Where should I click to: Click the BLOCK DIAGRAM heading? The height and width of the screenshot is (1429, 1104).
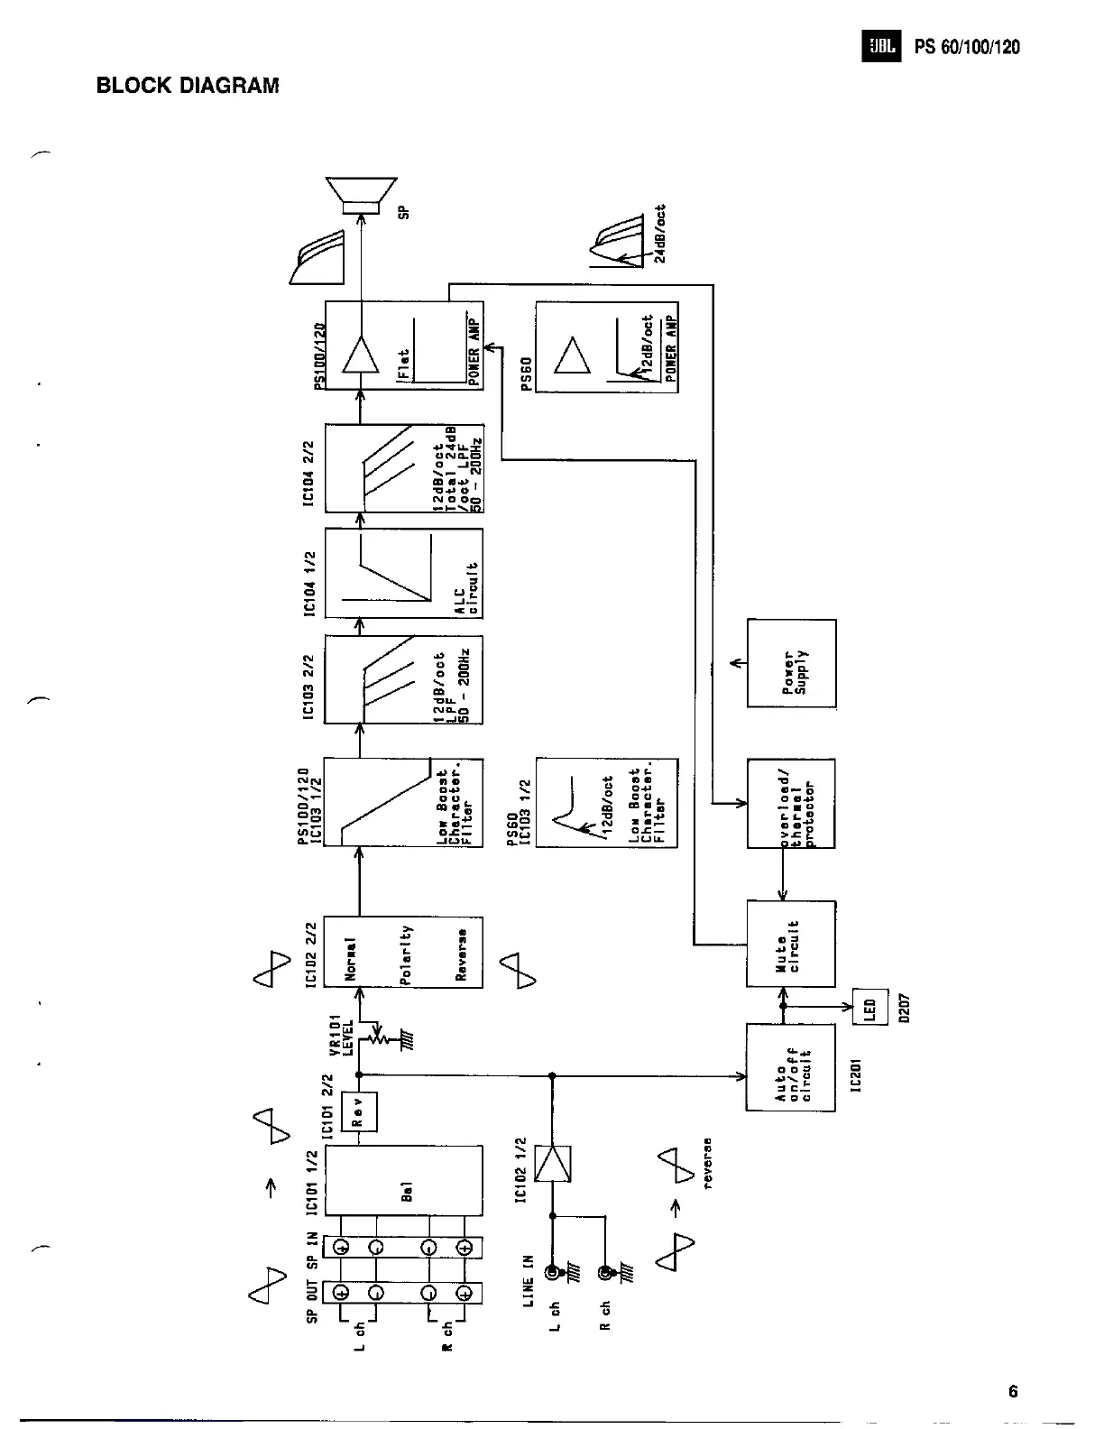[188, 86]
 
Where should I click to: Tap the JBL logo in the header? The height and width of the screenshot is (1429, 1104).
[880, 47]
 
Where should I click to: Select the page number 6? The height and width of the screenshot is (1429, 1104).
[1013, 1391]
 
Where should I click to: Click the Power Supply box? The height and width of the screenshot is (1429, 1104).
[792, 663]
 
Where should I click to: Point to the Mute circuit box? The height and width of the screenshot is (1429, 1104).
[791, 944]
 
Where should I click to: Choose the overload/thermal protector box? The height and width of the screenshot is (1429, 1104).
[791, 803]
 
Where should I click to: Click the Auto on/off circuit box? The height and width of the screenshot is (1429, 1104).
[791, 1067]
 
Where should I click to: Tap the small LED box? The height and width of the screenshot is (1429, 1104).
[870, 1007]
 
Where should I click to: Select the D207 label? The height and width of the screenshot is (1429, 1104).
[905, 1007]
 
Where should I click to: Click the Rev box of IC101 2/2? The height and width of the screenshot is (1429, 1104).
[359, 1111]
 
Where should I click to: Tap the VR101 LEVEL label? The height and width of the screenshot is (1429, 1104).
[340, 1033]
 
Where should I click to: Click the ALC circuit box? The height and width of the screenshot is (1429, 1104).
[403, 573]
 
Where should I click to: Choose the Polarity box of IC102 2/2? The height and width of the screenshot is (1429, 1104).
[403, 953]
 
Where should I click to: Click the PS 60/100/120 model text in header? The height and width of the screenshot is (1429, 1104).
[967, 47]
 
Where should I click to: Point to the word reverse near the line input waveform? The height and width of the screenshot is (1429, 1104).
[708, 1163]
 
